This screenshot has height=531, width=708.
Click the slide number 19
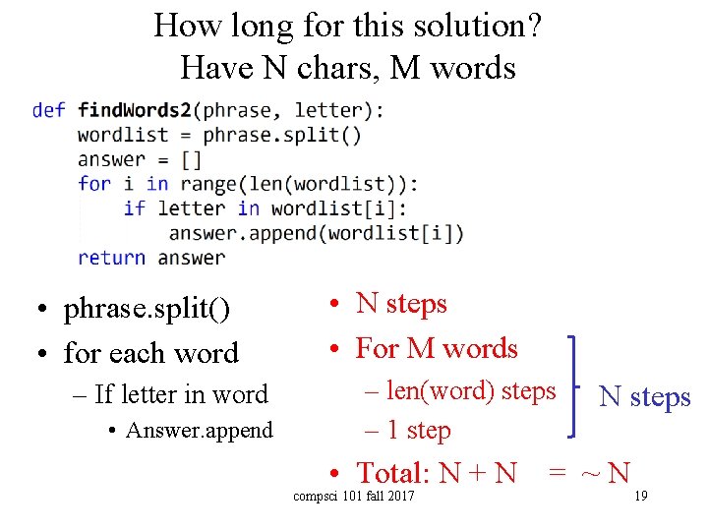(x=640, y=496)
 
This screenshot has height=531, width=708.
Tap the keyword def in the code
(x=48, y=109)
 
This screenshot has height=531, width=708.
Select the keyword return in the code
(x=111, y=258)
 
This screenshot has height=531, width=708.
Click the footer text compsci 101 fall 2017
(x=354, y=496)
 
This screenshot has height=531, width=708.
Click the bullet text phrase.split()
(x=147, y=310)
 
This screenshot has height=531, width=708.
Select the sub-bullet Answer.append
(x=200, y=430)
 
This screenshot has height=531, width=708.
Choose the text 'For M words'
(x=437, y=348)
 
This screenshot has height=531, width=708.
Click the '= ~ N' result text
(x=588, y=473)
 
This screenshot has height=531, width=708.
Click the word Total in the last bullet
(x=390, y=473)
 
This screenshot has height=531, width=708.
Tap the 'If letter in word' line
(x=181, y=394)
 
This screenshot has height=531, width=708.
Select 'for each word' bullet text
(x=150, y=352)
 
